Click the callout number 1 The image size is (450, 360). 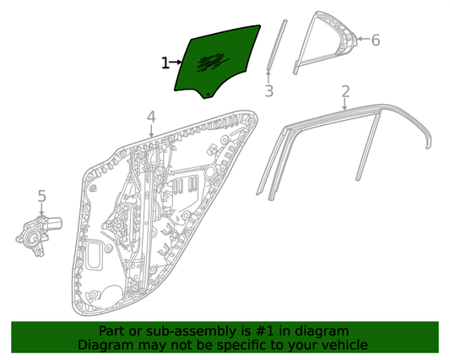click(x=165, y=63)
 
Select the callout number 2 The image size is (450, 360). click(x=346, y=91)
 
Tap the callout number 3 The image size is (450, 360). click(x=269, y=90)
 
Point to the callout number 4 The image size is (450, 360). click(x=151, y=117)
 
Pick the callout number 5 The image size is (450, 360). click(x=42, y=196)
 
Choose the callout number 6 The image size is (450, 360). click(x=376, y=40)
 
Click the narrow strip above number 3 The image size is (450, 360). click(x=276, y=45)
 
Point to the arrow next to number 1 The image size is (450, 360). click(x=176, y=62)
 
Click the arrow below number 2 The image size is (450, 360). click(x=345, y=104)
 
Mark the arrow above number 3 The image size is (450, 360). click(x=268, y=76)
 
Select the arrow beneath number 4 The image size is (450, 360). click(x=151, y=130)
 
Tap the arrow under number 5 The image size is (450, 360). click(x=42, y=210)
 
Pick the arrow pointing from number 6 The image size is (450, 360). click(x=364, y=39)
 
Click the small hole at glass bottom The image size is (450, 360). click(x=209, y=94)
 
